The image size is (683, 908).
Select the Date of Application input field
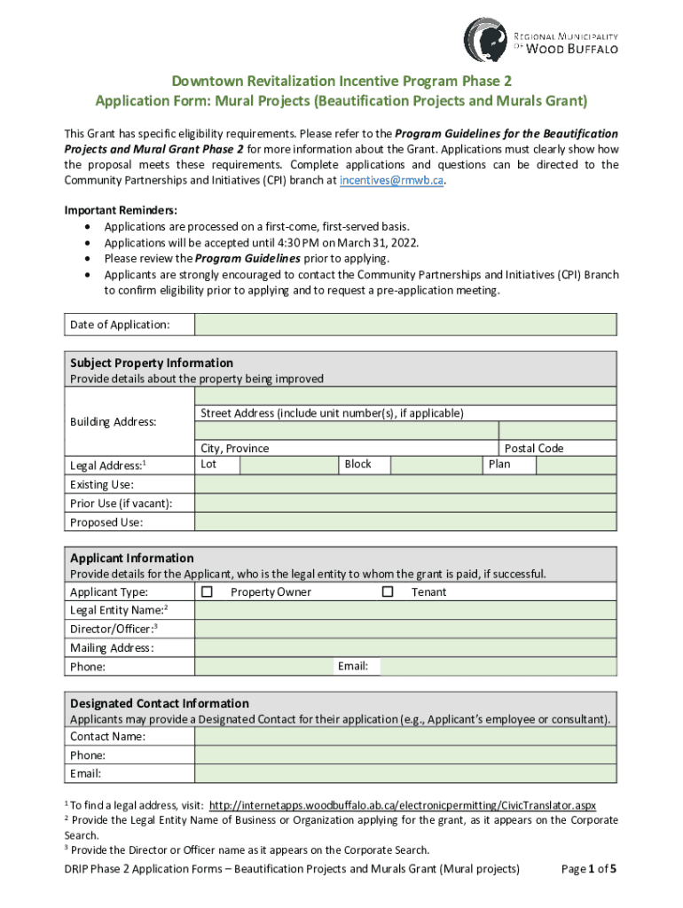point(405,325)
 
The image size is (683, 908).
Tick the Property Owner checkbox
point(208,591)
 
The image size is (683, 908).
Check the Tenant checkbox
point(387,591)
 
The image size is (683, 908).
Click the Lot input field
point(289,465)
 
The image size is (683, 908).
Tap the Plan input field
point(567,465)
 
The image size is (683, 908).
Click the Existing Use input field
point(405,484)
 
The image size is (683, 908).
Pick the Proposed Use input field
point(405,522)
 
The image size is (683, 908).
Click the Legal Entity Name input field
point(405,610)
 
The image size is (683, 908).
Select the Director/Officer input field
point(405,629)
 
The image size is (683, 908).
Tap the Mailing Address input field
point(405,647)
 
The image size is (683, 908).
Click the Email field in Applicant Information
point(499,667)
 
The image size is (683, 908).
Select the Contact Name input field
point(405,737)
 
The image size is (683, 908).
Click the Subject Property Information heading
point(152,363)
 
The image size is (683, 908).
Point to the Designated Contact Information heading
point(160,703)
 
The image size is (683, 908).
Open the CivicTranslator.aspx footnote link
point(402,805)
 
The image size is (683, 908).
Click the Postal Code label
point(534,449)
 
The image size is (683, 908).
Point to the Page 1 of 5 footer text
point(589,869)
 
